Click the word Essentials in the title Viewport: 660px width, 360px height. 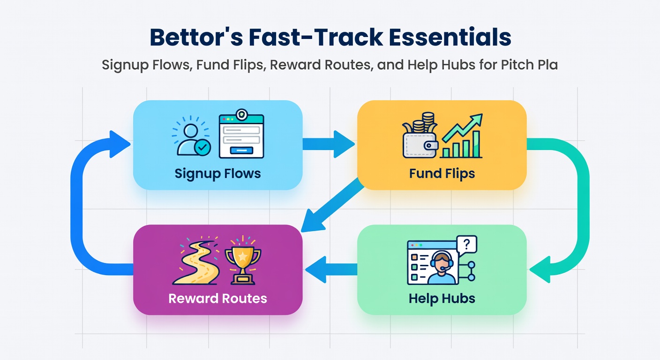[450, 37]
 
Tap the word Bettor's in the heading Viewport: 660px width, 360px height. [196, 37]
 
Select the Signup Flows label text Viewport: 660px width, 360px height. [218, 173]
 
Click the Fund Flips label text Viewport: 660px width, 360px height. [442, 173]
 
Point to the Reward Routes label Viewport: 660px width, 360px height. [218, 299]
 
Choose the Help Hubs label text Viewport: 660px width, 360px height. [442, 299]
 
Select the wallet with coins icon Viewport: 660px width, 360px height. [420, 135]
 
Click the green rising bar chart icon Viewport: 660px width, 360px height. [461, 136]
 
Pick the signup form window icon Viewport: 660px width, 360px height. [241, 134]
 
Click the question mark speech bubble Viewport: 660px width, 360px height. [466, 245]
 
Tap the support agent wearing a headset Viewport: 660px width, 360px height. [441, 268]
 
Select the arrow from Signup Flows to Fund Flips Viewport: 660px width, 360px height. [329, 144]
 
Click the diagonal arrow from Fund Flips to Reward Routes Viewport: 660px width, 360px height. [332, 205]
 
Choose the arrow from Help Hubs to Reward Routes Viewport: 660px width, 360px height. [331, 269]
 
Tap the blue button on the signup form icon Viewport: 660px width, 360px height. [241, 150]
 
